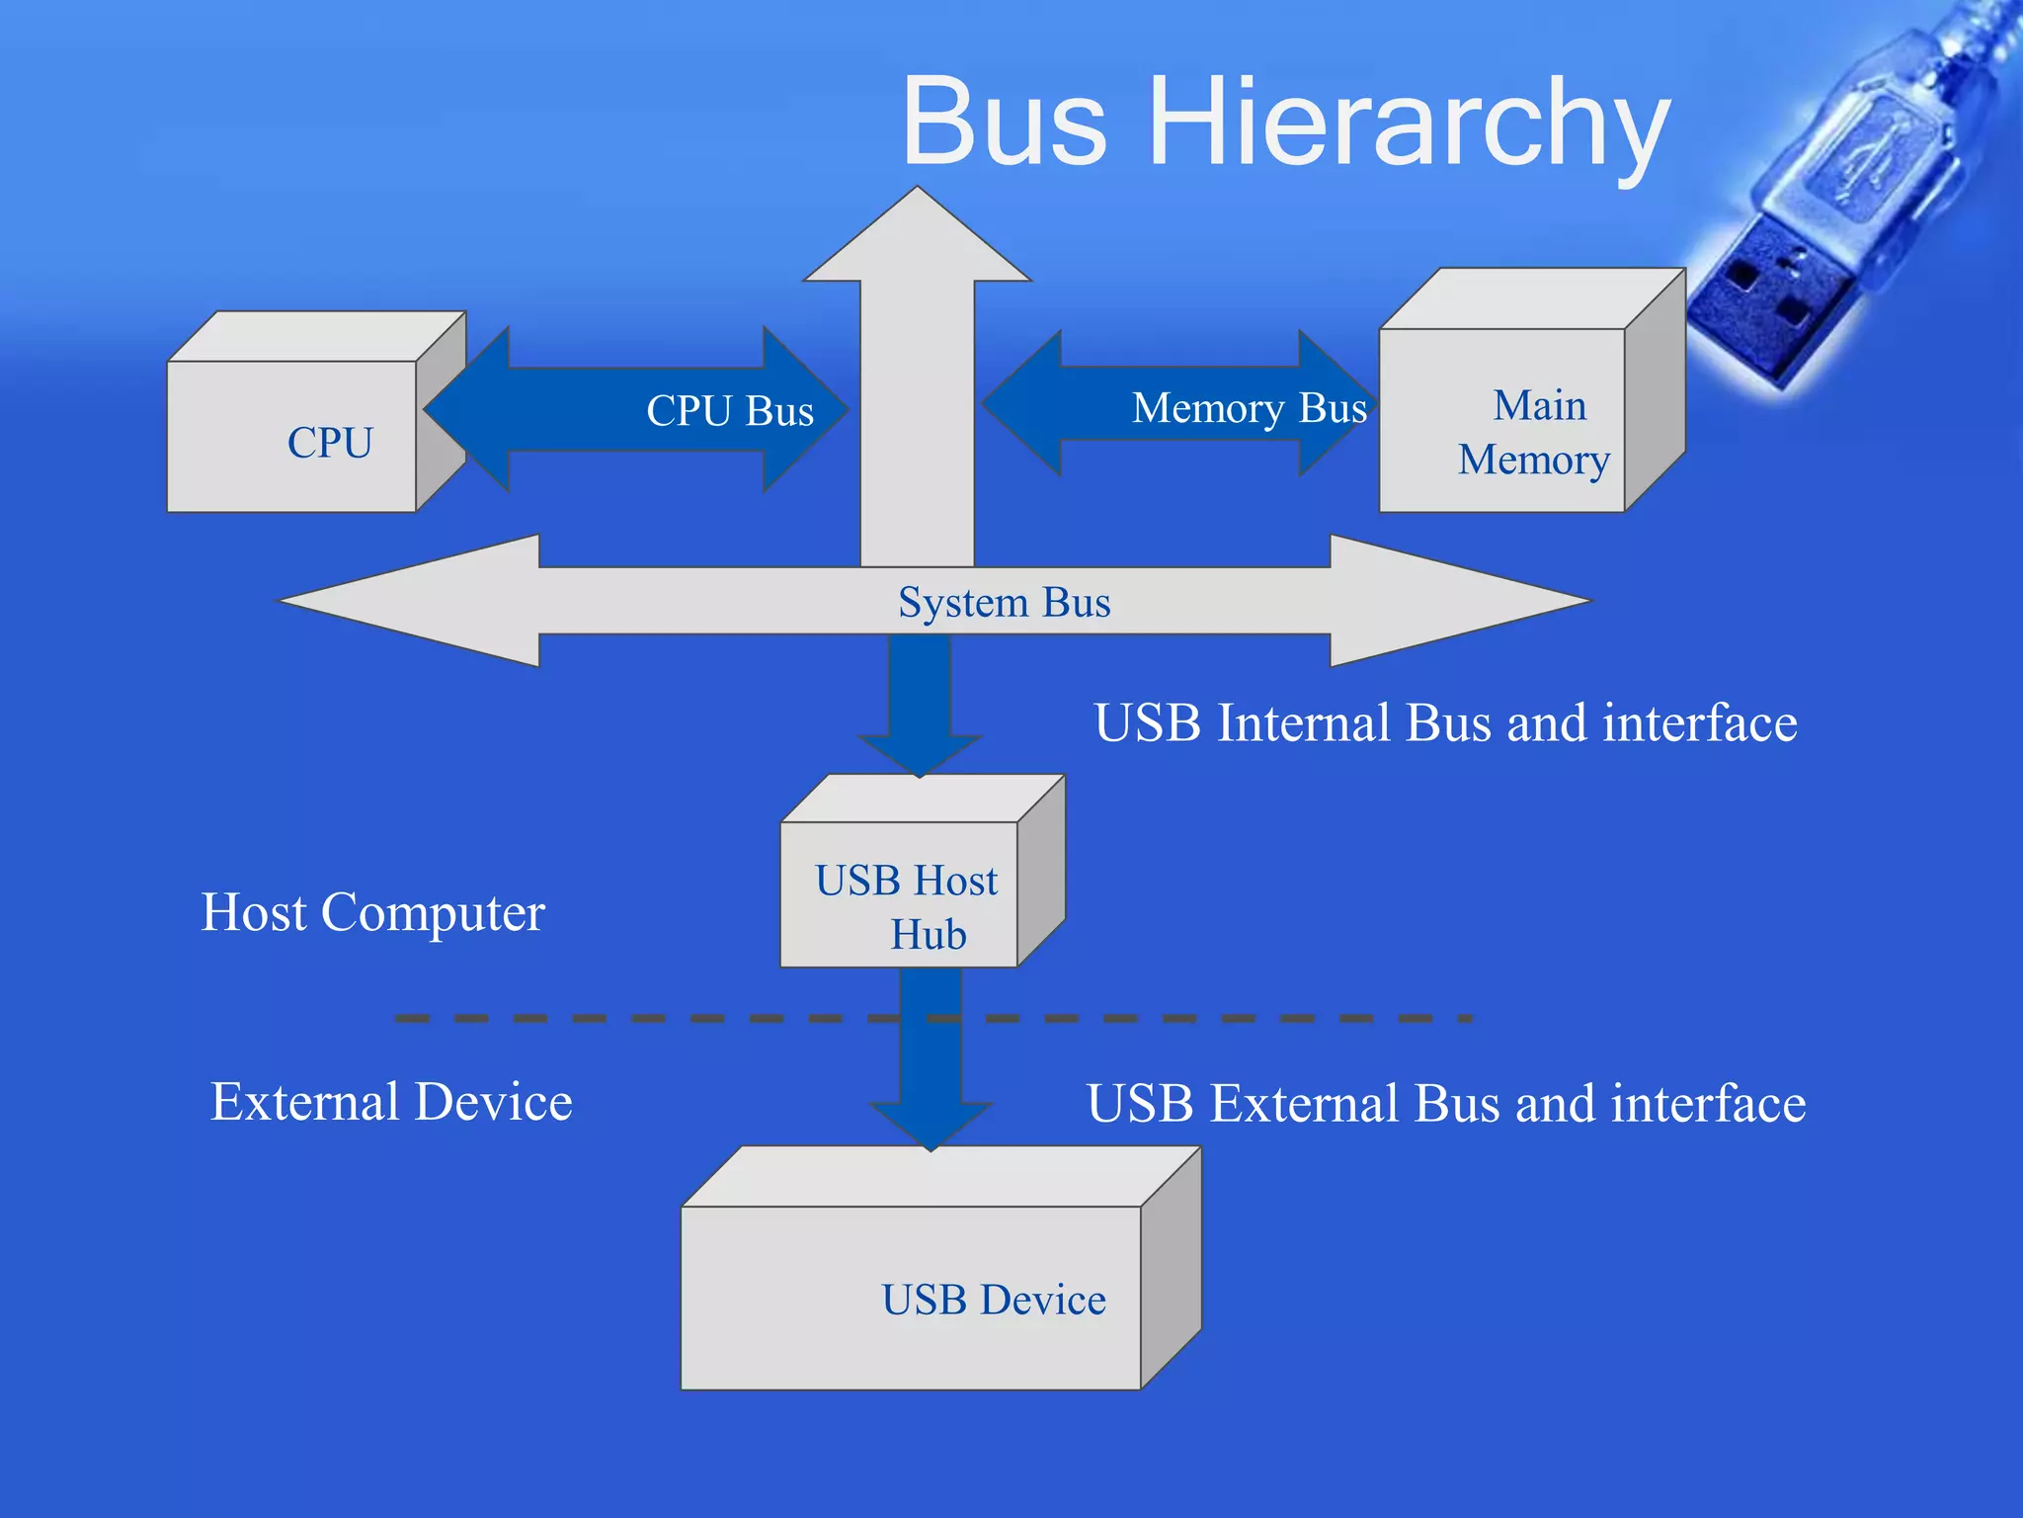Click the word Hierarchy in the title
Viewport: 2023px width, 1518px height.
tap(1408, 124)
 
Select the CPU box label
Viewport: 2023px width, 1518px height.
tap(330, 442)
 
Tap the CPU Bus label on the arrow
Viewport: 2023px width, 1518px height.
tap(730, 410)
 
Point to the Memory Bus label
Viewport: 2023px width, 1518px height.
tap(1249, 407)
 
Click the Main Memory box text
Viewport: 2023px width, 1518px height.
tap(1535, 433)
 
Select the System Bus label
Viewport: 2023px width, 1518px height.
tap(1004, 602)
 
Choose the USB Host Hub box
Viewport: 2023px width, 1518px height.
tap(906, 893)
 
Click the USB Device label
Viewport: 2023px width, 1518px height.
tap(993, 1300)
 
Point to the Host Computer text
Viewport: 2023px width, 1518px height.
tap(372, 911)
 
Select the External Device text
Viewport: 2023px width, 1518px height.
tap(391, 1101)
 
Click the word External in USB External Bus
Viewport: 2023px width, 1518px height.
tap(1306, 1103)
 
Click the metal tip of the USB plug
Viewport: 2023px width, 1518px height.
tap(1768, 306)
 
